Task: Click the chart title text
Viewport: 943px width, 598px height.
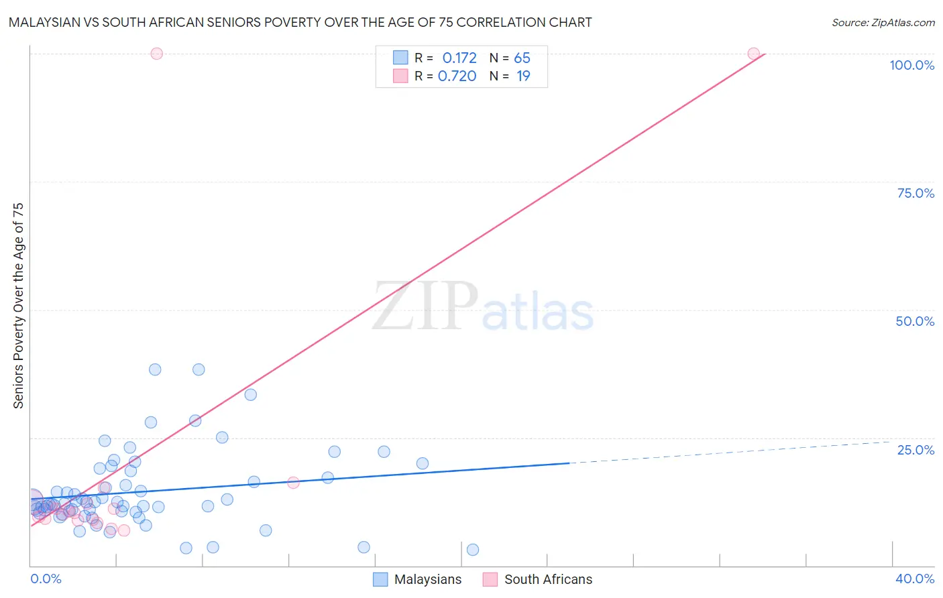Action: [300, 22]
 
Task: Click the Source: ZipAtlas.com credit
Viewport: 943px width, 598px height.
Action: [883, 22]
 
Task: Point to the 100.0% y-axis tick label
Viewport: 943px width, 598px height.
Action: [911, 65]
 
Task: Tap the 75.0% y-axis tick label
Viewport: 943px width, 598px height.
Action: [916, 193]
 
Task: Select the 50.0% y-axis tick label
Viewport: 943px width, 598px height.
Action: [915, 321]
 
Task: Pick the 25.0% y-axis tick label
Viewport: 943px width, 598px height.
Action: [916, 450]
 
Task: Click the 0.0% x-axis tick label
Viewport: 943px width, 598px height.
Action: [46, 579]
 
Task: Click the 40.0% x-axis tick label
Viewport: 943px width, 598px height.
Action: [915, 579]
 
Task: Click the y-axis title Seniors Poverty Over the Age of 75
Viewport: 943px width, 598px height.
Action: [18, 306]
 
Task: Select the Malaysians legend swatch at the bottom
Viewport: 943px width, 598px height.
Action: [380, 579]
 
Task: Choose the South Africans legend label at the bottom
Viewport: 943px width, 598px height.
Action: [548, 579]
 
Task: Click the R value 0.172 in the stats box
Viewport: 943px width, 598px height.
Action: [459, 58]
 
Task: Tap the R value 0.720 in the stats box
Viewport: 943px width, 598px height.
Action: [457, 76]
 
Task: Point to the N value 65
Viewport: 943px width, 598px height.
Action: [522, 58]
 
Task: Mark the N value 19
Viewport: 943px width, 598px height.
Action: [523, 76]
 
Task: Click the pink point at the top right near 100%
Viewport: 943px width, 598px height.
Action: [753, 54]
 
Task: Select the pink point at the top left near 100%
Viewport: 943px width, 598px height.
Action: [156, 54]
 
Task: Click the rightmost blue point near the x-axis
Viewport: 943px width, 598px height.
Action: [473, 550]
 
